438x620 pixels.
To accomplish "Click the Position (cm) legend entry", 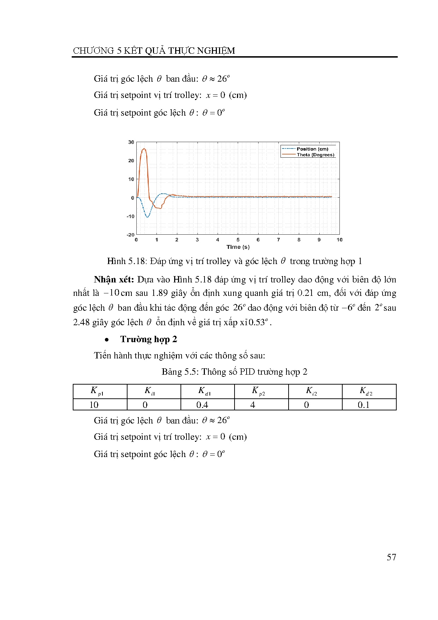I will click(x=312, y=149).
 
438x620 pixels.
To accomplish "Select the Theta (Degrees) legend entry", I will click(x=315, y=155).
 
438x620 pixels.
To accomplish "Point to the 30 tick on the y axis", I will click(x=131, y=142).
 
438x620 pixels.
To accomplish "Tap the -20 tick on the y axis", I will click(x=131, y=235).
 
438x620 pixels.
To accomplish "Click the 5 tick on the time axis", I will click(x=238, y=240).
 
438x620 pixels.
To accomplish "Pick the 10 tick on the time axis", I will click(x=339, y=240).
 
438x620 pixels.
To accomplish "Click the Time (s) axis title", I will click(x=238, y=247).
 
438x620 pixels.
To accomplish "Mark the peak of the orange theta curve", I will click(x=144, y=149).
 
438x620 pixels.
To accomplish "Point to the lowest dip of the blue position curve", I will click(x=147, y=217).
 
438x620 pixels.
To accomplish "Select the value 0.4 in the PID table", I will click(x=202, y=405).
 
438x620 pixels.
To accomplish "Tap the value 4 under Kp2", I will click(x=253, y=405).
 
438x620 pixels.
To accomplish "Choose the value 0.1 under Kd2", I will click(x=363, y=405).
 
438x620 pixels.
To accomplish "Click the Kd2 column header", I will click(x=366, y=391).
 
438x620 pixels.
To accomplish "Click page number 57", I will click(x=391, y=557).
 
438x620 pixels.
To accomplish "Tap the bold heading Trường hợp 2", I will click(x=148, y=339).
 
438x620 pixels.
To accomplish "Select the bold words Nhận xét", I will click(x=114, y=280).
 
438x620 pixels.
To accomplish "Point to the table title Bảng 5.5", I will click(x=180, y=372).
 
